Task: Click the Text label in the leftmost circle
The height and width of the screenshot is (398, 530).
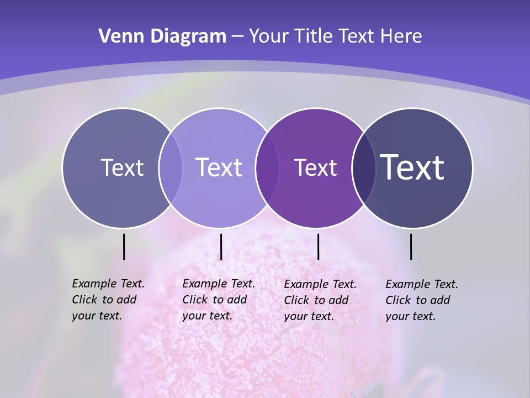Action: tap(123, 167)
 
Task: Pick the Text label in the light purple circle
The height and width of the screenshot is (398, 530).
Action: tap(219, 167)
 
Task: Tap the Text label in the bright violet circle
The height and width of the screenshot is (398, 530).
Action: tap(316, 167)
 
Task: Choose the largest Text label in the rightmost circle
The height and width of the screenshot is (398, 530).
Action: tap(412, 167)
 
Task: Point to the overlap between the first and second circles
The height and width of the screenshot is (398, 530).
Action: tap(171, 167)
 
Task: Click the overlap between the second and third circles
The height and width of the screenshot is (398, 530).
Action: tap(267, 167)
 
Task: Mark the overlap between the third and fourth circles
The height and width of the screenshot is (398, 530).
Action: tap(364, 167)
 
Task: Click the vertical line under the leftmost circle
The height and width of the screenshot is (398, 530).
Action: tap(124, 247)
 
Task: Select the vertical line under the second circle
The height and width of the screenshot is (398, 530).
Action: tap(221, 247)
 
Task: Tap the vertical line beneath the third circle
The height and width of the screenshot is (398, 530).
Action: tap(318, 247)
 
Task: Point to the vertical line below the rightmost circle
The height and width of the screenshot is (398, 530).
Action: tap(411, 247)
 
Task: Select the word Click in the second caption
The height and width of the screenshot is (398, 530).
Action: tap(195, 300)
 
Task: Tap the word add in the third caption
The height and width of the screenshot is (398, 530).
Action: tap(338, 300)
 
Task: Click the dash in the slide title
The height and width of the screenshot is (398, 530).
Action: tap(237, 37)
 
